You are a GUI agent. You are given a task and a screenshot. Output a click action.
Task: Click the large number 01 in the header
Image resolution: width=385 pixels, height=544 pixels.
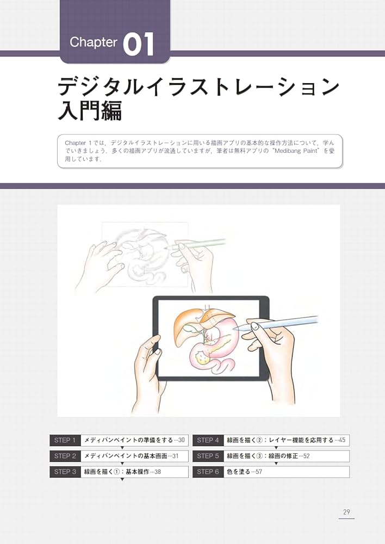click(139, 45)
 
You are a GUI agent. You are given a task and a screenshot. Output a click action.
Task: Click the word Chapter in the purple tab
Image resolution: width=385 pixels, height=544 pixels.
click(94, 43)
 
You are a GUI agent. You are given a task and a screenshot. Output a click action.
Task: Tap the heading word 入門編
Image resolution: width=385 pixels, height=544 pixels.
click(90, 109)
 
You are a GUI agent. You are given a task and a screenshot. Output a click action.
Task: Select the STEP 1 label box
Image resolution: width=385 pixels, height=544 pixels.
click(65, 440)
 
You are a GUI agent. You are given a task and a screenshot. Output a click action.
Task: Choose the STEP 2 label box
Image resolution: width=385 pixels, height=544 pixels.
click(65, 456)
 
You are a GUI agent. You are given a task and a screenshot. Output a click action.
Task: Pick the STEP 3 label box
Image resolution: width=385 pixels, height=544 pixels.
click(65, 472)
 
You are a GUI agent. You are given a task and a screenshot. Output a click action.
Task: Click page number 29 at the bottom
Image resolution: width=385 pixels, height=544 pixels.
click(346, 512)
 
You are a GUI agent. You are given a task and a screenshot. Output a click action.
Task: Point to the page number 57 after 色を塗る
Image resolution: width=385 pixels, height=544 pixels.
click(258, 472)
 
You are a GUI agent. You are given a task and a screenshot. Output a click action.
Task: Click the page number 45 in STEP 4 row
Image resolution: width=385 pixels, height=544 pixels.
click(341, 440)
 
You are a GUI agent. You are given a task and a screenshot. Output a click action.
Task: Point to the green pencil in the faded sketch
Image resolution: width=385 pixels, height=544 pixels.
click(198, 244)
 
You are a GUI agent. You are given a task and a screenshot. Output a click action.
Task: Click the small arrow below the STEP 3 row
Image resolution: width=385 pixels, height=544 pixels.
click(122, 480)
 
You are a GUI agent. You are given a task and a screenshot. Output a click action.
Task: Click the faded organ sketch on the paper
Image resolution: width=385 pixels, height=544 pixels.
click(144, 256)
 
